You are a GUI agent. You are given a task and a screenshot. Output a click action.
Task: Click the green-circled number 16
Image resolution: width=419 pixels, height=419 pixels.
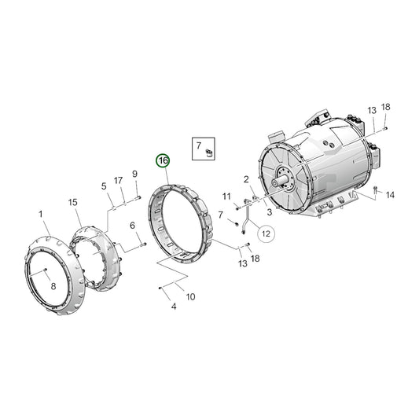(163, 161)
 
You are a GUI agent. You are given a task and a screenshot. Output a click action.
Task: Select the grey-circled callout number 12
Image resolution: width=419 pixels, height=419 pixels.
(265, 233)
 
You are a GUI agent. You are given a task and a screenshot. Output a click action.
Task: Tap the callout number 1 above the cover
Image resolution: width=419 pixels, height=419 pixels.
(41, 214)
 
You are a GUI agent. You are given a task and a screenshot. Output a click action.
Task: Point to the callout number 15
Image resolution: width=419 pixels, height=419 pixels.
(73, 203)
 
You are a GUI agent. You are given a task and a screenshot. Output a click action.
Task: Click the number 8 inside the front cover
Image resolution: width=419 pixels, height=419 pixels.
(53, 287)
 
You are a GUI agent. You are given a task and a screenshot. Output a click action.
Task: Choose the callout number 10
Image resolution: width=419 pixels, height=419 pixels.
(190, 296)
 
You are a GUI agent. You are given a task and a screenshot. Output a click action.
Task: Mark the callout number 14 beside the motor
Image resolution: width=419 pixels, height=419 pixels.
(390, 195)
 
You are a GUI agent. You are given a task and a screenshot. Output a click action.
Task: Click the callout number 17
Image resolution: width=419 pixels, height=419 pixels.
(119, 181)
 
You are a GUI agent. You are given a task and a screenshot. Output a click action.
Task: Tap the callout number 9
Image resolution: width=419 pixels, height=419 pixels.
(134, 174)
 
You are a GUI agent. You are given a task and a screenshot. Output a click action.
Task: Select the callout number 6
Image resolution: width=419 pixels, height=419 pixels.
(132, 226)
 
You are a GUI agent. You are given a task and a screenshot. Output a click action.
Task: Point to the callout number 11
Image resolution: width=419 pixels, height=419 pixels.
(226, 196)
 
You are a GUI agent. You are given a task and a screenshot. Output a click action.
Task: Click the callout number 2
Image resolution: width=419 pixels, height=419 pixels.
(246, 180)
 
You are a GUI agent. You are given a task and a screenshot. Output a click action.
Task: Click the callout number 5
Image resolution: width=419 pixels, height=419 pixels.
(103, 186)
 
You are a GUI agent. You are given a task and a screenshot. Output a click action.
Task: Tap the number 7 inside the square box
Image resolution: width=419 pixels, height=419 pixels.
(200, 145)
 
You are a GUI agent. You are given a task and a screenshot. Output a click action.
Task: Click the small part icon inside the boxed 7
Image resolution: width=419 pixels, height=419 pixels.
(210, 152)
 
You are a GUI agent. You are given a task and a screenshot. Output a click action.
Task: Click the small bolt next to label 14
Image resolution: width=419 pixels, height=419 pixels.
(375, 189)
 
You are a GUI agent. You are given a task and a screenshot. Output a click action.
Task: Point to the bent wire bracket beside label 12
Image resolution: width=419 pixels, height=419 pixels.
(247, 216)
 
